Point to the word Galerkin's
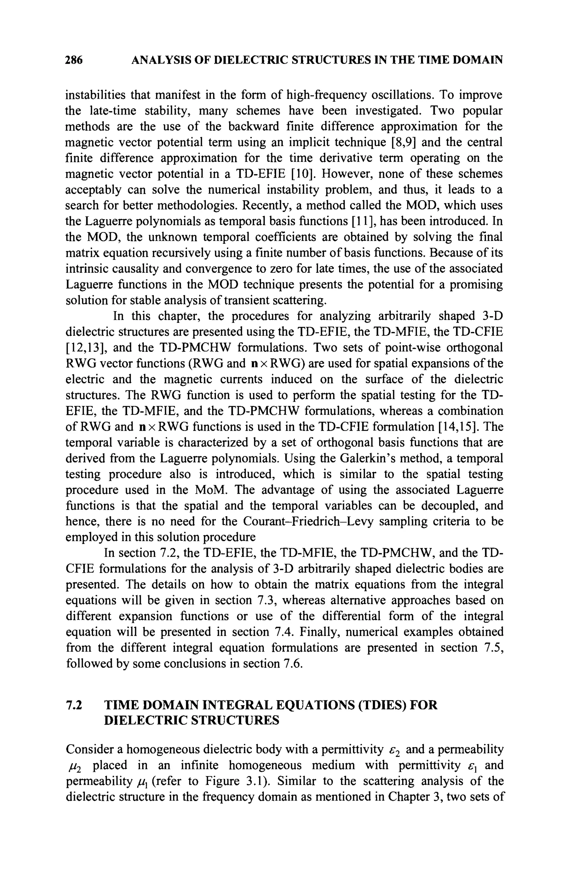pyautogui.click(x=371, y=459)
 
